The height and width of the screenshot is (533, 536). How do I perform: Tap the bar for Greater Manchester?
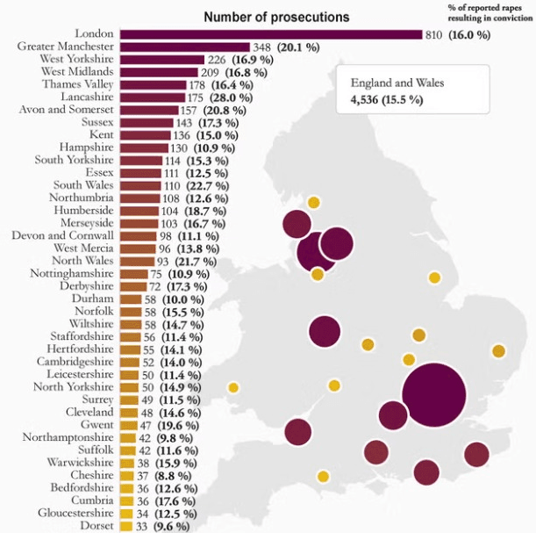click(x=184, y=47)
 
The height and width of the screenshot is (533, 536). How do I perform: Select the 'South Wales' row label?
click(x=82, y=186)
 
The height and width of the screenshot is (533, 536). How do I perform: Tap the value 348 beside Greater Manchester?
click(x=261, y=47)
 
